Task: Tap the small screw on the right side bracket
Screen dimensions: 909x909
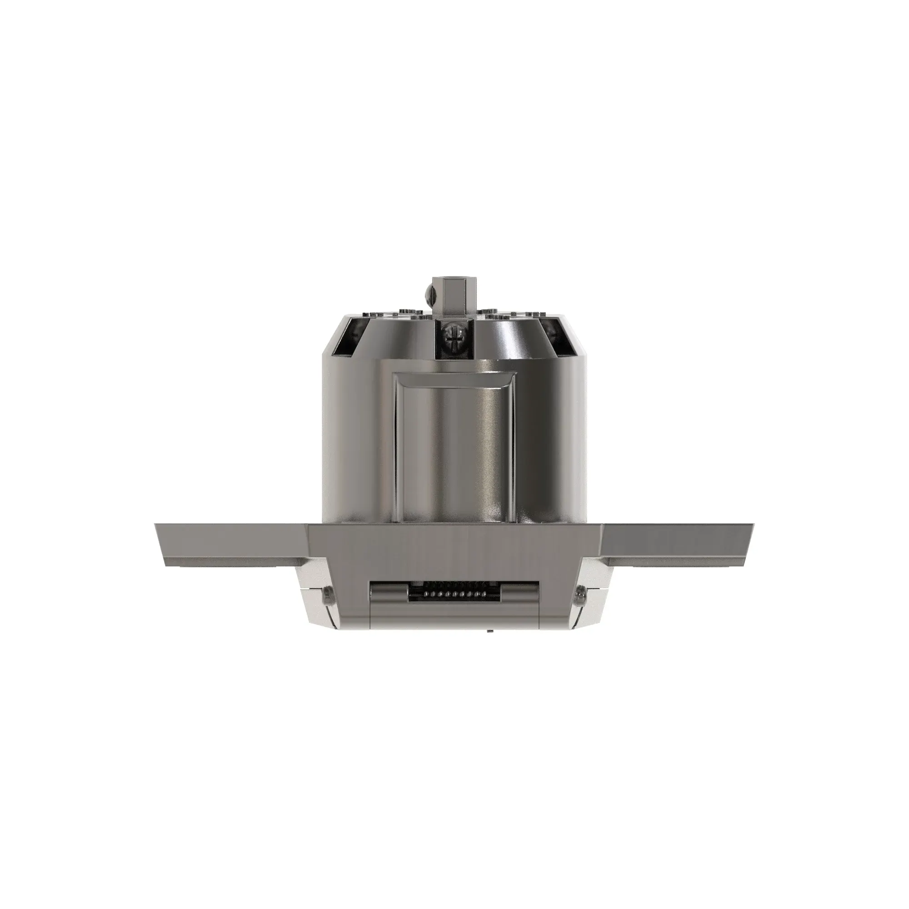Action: click(x=580, y=595)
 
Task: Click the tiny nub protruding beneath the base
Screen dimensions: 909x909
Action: click(x=489, y=631)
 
